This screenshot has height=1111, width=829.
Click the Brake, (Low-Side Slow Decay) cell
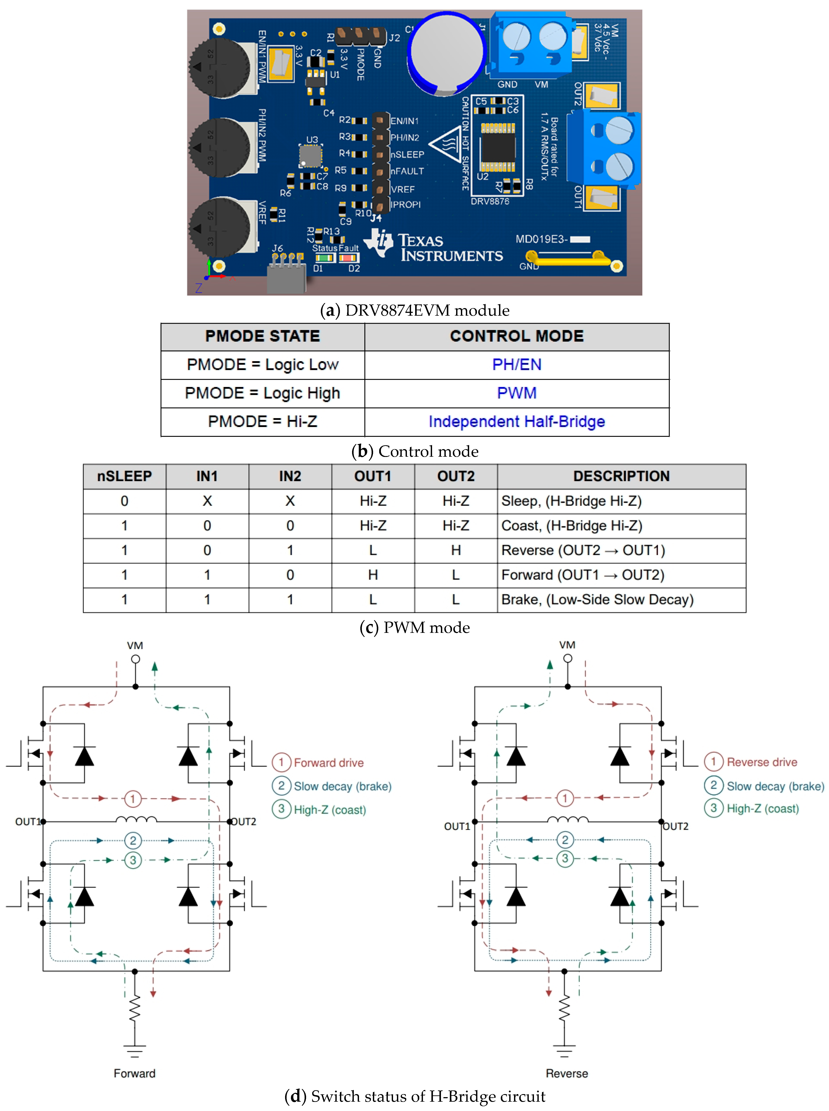click(597, 600)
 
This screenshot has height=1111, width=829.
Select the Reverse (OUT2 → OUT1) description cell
click(583, 551)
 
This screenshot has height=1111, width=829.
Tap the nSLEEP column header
click(124, 476)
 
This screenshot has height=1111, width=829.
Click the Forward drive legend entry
click(328, 763)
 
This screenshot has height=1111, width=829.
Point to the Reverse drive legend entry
click(761, 762)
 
